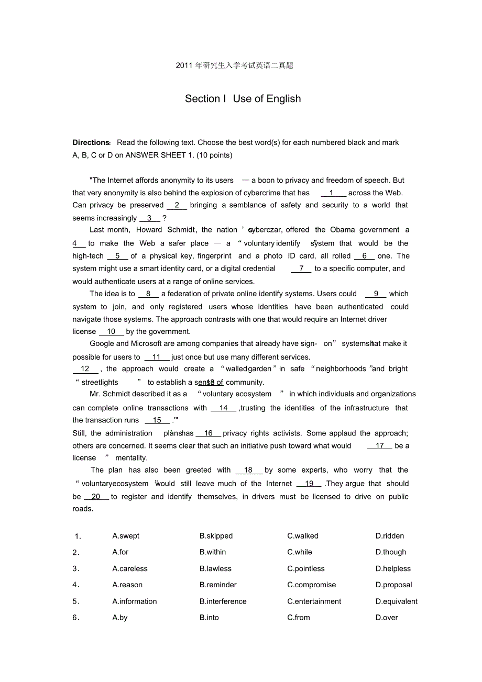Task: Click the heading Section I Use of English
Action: tap(243, 99)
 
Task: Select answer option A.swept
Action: tap(126, 536)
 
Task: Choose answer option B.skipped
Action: tap(216, 536)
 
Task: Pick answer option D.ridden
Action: tap(389, 536)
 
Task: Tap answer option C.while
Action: tap(299, 552)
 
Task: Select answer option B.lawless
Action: tap(215, 569)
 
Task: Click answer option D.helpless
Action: tap(393, 569)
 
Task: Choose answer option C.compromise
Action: tap(311, 585)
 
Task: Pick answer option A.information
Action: tap(135, 602)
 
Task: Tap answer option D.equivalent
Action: tap(396, 602)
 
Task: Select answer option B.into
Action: tap(209, 618)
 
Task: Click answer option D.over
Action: tap(387, 618)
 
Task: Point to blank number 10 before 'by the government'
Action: tap(111, 332)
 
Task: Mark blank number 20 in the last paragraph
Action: tap(96, 497)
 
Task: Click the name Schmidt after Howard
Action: tap(181, 230)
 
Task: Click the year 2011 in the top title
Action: tap(184, 65)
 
